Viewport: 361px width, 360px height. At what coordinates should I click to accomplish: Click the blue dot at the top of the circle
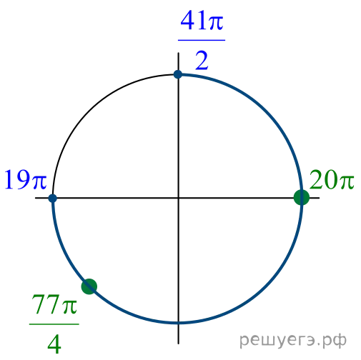tap(178, 74)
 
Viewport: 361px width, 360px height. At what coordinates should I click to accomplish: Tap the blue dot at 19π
tap(53, 198)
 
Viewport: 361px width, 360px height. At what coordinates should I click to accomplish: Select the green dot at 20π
tap(302, 197)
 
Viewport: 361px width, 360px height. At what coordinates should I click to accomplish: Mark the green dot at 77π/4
tap(89, 286)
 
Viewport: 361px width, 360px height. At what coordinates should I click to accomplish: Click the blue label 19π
tap(25, 180)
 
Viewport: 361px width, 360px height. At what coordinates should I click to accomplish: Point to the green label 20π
tap(332, 180)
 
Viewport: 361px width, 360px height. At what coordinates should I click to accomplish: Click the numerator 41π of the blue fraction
tap(202, 21)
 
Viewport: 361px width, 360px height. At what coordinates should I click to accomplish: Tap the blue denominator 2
tap(202, 61)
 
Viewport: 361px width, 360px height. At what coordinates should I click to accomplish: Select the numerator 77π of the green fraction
tap(54, 304)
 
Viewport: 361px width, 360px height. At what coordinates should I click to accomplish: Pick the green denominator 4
tap(54, 344)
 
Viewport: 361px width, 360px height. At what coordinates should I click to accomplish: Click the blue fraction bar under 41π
tap(202, 40)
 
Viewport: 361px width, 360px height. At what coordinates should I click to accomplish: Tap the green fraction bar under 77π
tap(54, 324)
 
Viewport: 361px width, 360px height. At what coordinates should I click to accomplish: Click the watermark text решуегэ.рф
tap(293, 340)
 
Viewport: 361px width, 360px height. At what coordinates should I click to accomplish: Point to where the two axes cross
tap(178, 198)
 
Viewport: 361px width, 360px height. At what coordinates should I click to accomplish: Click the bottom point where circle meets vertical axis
tap(178, 323)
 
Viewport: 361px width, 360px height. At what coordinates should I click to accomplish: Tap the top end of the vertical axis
tap(178, 53)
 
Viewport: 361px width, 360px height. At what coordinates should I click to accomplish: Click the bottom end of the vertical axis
tap(178, 344)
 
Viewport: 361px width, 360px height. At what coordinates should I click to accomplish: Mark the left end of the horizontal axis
tap(35, 198)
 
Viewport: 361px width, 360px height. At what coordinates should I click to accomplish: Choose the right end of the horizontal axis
tap(320, 198)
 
